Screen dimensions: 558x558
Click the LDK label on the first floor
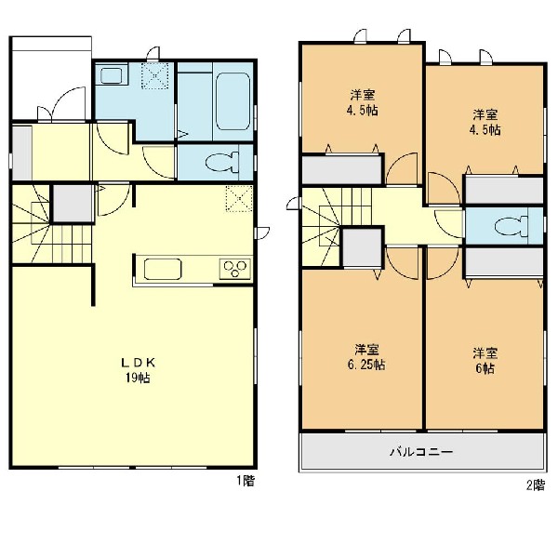pyautogui.click(x=138, y=363)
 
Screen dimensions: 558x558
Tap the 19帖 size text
pyautogui.click(x=138, y=378)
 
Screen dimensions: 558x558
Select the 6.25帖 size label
pyautogui.click(x=366, y=365)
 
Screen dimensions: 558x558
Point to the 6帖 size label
pyautogui.click(x=485, y=368)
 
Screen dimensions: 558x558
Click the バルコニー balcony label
pyautogui.click(x=421, y=452)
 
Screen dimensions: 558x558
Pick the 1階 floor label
pyautogui.click(x=246, y=481)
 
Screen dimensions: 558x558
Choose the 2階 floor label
pyautogui.click(x=536, y=485)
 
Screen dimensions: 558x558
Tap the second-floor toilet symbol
pyautogui.click(x=511, y=226)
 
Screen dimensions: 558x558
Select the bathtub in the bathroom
pyautogui.click(x=232, y=101)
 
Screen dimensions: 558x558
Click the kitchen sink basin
pyautogui.click(x=163, y=269)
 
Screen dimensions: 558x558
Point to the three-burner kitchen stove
pyautogui.click(x=235, y=269)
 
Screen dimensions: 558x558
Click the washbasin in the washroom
pyautogui.click(x=112, y=74)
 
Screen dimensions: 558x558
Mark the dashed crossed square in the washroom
pyautogui.click(x=154, y=76)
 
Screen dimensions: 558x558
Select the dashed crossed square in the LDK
pyautogui.click(x=239, y=199)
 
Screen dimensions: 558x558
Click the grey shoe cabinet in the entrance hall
pyautogui.click(x=22, y=153)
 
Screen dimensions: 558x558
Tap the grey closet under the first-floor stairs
pyautogui.click(x=73, y=203)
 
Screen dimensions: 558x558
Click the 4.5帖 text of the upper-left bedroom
pyautogui.click(x=363, y=111)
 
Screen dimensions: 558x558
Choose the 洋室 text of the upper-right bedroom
pyautogui.click(x=485, y=114)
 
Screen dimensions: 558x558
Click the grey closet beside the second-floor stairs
pyautogui.click(x=363, y=247)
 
